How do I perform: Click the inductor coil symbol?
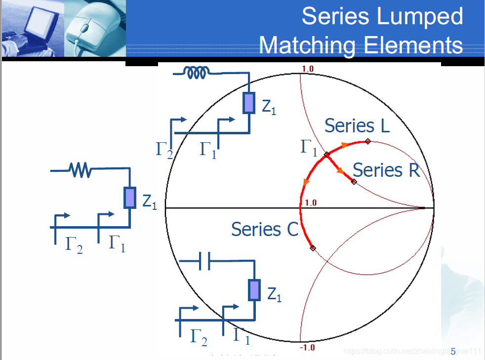pos(197,73)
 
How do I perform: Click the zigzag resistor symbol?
pos(81,170)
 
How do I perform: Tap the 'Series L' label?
pos(357,126)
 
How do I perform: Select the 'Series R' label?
pos(386,170)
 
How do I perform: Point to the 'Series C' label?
pos(265,229)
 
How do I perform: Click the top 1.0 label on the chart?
pos(307,69)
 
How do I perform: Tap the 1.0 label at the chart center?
pos(311,202)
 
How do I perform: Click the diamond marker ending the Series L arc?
pos(368,142)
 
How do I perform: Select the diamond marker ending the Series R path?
pos(354,182)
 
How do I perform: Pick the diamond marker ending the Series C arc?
pos(312,247)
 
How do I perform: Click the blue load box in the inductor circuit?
pos(249,103)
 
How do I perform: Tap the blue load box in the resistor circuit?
pos(129,198)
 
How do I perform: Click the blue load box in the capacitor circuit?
pos(254,290)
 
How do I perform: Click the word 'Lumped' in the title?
pos(422,16)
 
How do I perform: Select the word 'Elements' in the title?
pos(413,45)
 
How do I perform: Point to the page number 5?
pos(453,351)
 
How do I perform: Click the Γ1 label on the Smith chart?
pos(309,147)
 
